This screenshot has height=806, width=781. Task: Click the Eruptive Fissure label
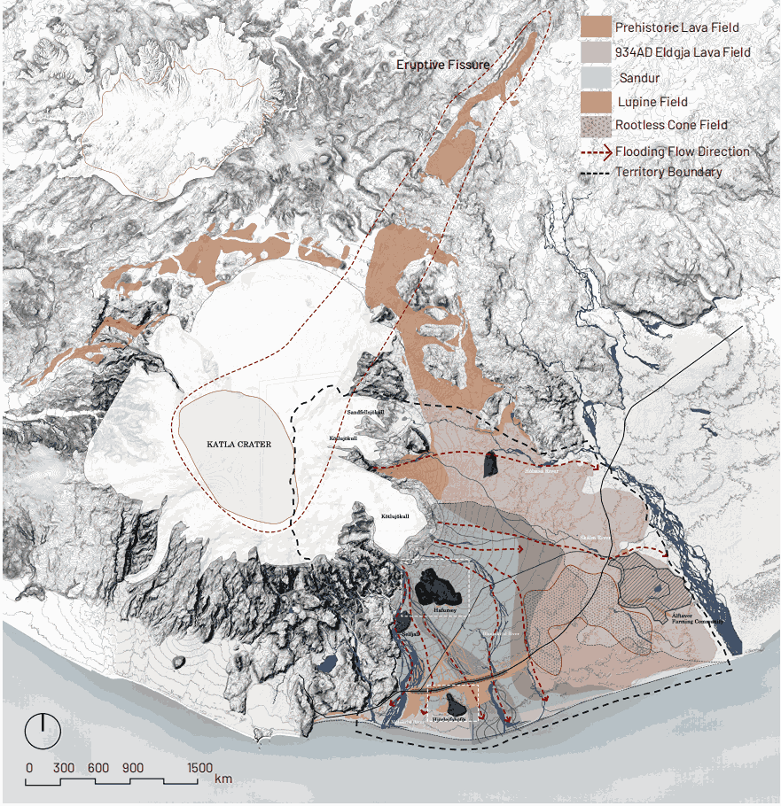(x=442, y=65)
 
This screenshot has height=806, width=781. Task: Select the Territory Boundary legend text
(x=668, y=173)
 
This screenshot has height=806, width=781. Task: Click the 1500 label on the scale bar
(x=199, y=767)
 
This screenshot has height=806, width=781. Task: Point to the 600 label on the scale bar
(x=98, y=767)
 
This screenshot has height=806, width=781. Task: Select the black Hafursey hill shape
(x=435, y=584)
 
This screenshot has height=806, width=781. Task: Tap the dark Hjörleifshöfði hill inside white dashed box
(x=457, y=706)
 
